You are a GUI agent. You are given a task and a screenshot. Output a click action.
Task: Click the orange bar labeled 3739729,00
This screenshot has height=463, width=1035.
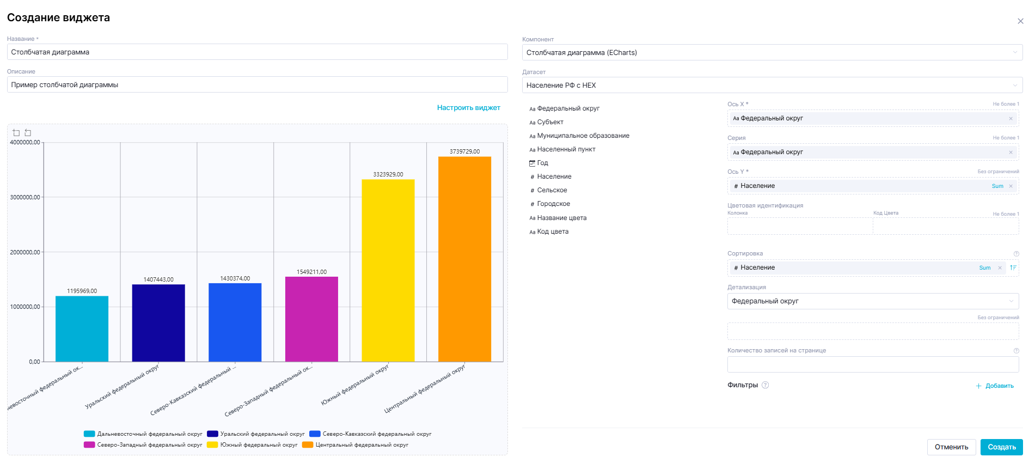click(x=464, y=259)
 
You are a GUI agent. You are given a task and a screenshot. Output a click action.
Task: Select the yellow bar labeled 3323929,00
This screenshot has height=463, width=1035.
click(x=388, y=270)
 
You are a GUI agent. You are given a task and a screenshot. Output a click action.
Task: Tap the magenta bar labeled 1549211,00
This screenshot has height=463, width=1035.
click(x=311, y=319)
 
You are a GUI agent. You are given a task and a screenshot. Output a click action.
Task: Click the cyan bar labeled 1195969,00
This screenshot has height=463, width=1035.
click(x=82, y=328)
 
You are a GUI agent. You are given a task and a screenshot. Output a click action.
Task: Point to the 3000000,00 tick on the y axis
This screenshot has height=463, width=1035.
click(x=25, y=197)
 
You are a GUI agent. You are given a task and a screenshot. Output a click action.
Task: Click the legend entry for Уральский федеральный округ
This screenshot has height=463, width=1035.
click(x=256, y=434)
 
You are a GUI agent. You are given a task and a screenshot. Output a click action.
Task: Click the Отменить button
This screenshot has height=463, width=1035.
click(x=951, y=447)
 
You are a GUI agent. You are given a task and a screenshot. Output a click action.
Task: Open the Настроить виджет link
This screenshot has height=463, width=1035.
click(x=468, y=108)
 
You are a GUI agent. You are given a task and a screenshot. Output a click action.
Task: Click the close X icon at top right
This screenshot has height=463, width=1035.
click(x=1020, y=21)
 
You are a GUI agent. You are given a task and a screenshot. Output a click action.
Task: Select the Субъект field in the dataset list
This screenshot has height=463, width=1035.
click(x=550, y=122)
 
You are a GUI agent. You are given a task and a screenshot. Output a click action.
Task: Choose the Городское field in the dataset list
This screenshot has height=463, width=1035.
click(x=553, y=204)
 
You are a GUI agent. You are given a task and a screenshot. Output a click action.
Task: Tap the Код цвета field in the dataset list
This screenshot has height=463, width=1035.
click(x=553, y=231)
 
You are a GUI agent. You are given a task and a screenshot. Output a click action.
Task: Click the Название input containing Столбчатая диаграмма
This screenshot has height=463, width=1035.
click(x=257, y=52)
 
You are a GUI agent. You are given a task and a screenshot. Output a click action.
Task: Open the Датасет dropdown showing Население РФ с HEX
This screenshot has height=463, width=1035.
click(x=771, y=86)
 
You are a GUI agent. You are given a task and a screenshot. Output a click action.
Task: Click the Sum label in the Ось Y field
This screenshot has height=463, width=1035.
click(x=997, y=186)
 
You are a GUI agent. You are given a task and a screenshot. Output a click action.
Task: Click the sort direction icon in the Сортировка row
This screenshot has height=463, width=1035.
click(x=1013, y=267)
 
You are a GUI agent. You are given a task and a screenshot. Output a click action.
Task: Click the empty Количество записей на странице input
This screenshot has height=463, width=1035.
click(x=873, y=364)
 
